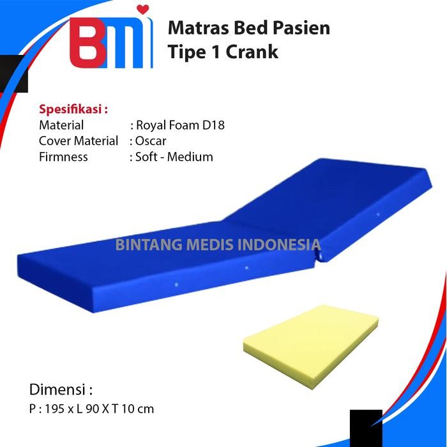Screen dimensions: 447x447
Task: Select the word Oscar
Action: [x=151, y=140]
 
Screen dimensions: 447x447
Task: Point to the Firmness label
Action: [x=63, y=156]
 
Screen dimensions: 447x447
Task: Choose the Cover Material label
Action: [x=79, y=140]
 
